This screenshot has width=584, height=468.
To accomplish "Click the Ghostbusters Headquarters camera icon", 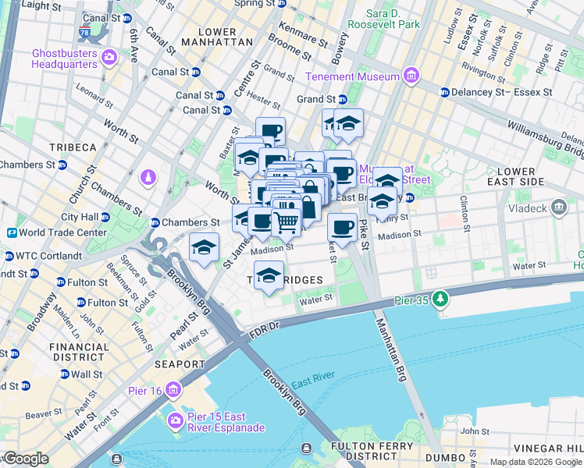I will [109, 57].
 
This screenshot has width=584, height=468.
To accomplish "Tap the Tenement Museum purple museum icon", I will [411, 76].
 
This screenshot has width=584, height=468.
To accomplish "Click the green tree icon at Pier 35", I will [441, 298].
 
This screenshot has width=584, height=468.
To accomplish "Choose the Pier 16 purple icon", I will [173, 389].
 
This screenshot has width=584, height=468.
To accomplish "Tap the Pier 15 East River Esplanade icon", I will [175, 420].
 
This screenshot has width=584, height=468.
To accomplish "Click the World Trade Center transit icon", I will [12, 232].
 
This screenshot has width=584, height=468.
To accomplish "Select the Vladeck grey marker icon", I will [558, 207].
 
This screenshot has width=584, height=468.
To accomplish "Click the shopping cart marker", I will [286, 222].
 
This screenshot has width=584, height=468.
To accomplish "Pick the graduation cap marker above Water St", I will [269, 275].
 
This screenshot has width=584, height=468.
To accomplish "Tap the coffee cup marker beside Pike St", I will [342, 228].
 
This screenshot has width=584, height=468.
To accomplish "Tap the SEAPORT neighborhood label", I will [179, 364].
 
